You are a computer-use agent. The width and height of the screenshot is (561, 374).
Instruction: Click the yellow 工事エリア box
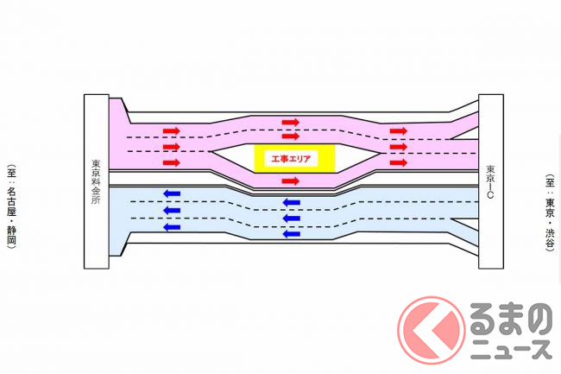[289, 159]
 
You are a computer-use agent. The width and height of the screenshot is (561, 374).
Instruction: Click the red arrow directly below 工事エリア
[291, 181]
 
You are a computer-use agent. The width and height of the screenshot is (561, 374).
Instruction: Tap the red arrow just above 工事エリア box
[291, 136]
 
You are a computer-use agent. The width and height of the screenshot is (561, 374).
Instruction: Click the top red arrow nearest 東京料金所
[172, 131]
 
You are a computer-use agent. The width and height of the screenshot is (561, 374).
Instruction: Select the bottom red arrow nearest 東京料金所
[172, 162]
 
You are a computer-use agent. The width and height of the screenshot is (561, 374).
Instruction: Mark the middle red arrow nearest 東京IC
[398, 147]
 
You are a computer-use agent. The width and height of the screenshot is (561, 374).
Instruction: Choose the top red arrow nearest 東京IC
[398, 131]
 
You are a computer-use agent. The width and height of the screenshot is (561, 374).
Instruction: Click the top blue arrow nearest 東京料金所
[172, 194]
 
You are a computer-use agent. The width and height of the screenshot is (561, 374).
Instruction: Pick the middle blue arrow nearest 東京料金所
[172, 210]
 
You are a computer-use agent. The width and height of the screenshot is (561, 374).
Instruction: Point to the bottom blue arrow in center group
[291, 233]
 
